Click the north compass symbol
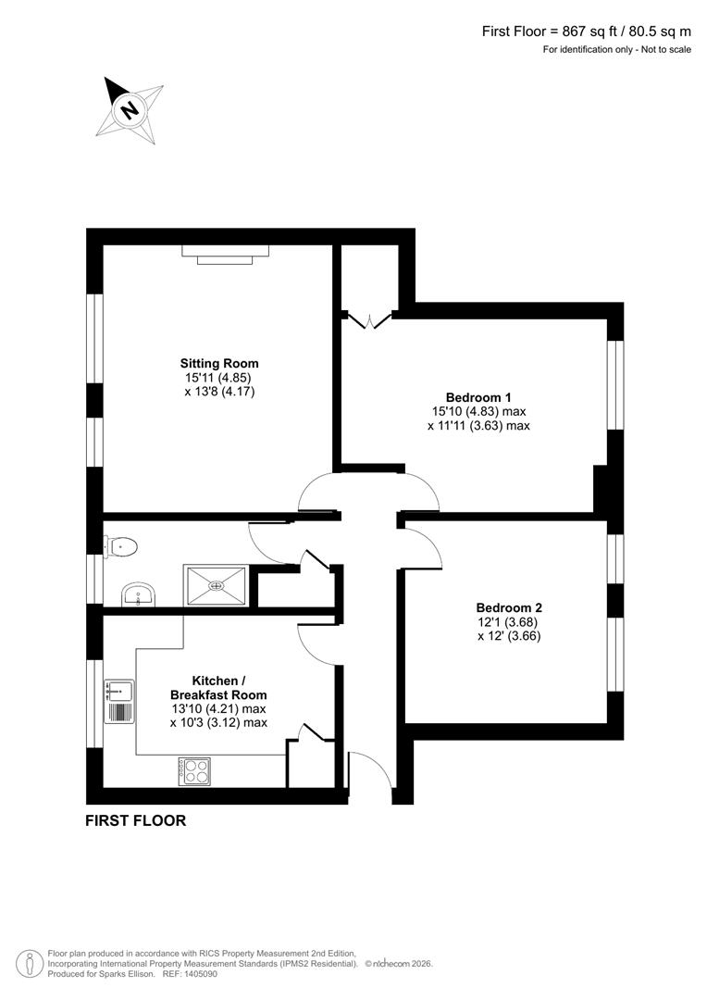(130, 110)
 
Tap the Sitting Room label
(219, 363)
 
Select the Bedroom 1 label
(478, 396)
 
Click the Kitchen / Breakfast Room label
(218, 687)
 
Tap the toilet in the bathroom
(122, 547)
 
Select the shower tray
(217, 585)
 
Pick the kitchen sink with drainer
(120, 701)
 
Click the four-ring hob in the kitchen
(193, 770)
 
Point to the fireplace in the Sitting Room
(225, 253)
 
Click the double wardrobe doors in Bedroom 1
(370, 321)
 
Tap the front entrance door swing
(369, 770)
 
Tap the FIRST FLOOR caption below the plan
(135, 820)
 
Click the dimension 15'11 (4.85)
(218, 378)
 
